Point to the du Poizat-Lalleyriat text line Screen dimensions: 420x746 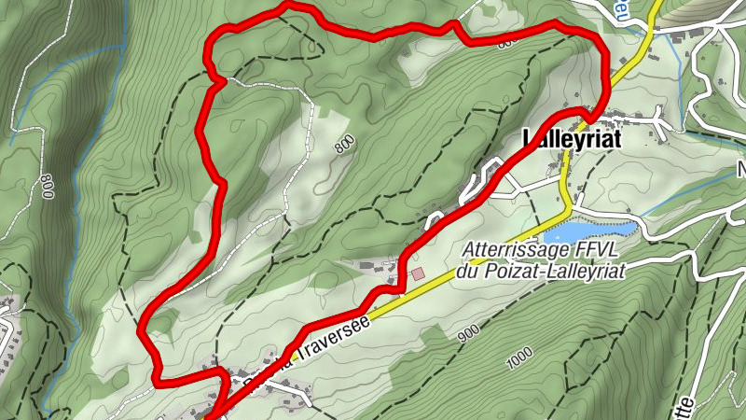(x=540, y=272)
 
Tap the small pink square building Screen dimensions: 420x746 (x=418, y=273)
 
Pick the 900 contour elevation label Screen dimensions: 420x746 (x=467, y=331)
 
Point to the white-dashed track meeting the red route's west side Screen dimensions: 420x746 (x=222, y=82)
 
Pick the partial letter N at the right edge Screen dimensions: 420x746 (x=742, y=171)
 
